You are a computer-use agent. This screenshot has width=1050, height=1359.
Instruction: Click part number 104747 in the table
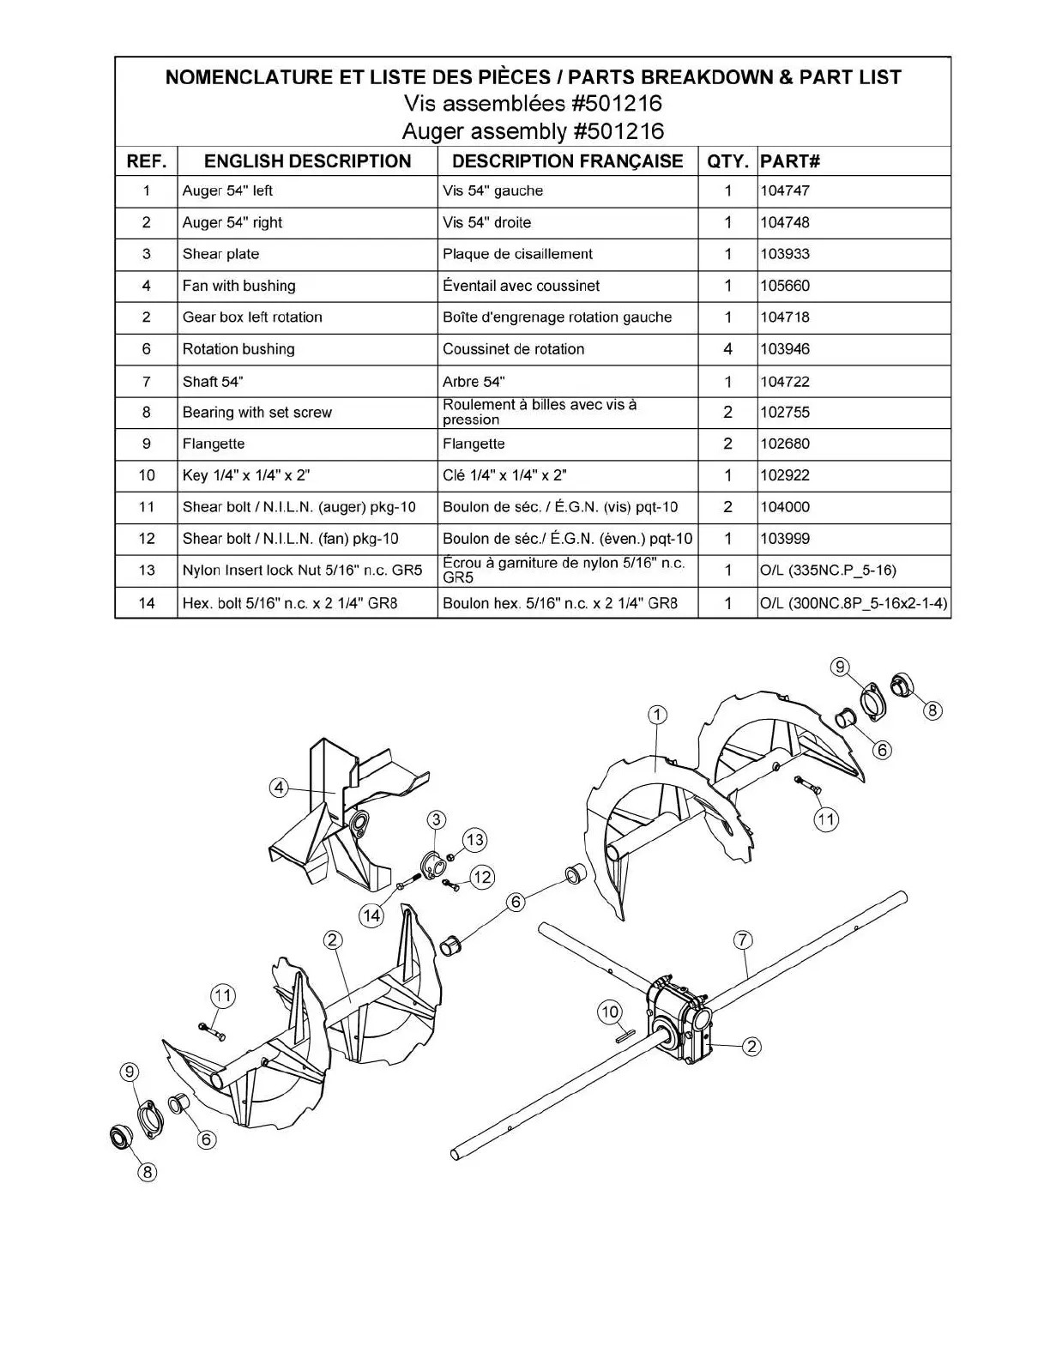point(785,190)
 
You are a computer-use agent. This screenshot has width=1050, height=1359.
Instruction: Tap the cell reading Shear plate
point(220,254)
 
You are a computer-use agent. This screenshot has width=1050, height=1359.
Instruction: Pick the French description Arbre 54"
point(474,381)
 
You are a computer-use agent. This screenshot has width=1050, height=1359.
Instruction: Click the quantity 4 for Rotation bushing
point(727,349)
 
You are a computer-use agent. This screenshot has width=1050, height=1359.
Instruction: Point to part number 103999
point(785,539)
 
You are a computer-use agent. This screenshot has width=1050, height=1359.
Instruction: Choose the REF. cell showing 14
point(147,603)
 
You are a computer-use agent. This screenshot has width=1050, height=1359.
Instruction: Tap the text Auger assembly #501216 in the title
point(533,131)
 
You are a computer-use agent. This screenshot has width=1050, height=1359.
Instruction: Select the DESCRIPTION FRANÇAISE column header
point(567,161)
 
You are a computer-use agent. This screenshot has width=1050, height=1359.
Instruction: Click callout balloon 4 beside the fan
point(279,787)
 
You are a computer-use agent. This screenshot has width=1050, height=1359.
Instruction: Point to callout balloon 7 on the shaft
point(743,940)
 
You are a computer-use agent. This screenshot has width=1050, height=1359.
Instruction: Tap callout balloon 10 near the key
point(609,1012)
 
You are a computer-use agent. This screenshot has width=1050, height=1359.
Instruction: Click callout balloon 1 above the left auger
point(657,715)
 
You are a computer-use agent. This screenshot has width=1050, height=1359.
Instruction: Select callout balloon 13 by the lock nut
point(474,840)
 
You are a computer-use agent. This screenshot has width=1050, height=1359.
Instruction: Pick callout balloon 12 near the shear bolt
point(482,877)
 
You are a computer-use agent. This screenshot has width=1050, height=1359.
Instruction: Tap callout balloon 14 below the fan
point(371,915)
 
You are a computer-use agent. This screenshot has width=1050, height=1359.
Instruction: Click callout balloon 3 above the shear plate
point(436,819)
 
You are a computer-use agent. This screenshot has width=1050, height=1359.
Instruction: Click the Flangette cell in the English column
point(214,444)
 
